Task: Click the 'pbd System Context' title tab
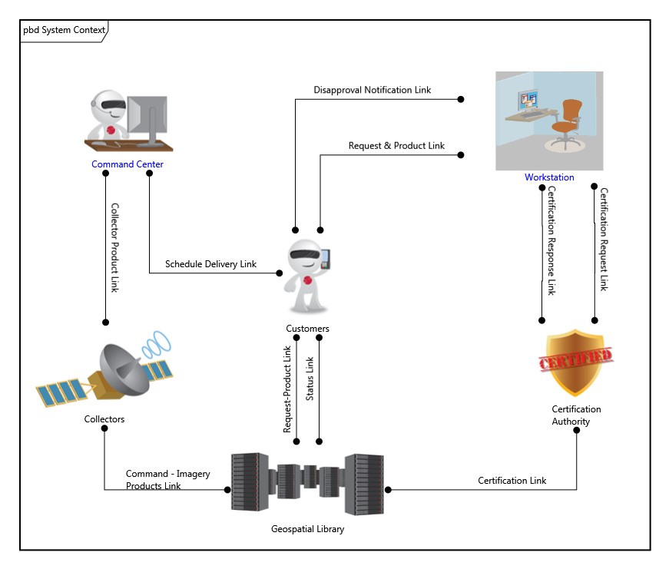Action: (x=64, y=30)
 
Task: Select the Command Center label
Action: (x=128, y=164)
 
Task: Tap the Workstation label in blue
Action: (x=549, y=177)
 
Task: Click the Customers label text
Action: (x=307, y=329)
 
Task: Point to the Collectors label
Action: (x=104, y=419)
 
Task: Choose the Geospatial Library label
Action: (x=307, y=529)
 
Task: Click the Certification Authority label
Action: (x=576, y=415)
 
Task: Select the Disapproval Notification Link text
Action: (x=372, y=90)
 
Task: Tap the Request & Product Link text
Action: (x=396, y=146)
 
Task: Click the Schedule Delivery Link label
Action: (x=210, y=264)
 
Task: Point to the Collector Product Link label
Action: (x=114, y=247)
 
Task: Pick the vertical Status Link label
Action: (x=310, y=379)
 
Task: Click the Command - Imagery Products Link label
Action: (x=167, y=480)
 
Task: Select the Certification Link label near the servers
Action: (x=512, y=481)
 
